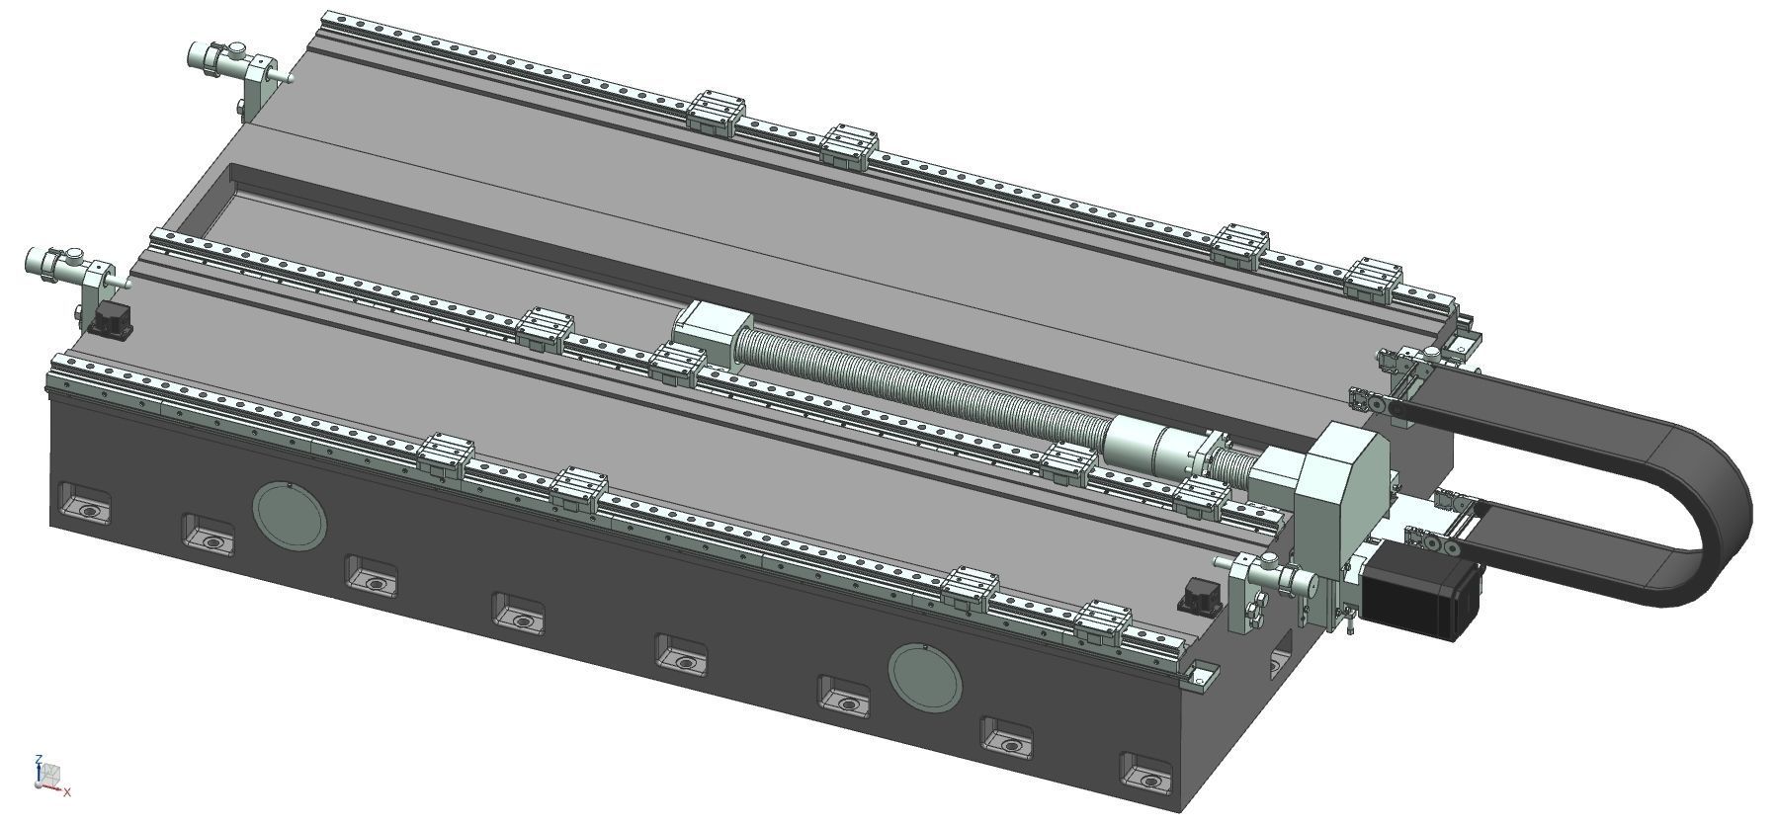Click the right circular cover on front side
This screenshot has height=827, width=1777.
tap(924, 676)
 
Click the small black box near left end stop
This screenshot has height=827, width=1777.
tap(110, 319)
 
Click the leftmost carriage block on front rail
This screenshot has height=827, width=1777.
tap(446, 455)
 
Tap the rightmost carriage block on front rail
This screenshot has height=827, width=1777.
tap(1104, 620)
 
